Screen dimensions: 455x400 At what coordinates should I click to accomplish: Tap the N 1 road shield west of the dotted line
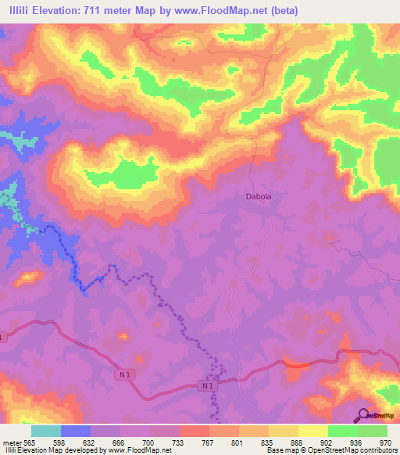coord(125,375)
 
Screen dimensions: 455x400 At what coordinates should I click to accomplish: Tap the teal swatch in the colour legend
coord(45,431)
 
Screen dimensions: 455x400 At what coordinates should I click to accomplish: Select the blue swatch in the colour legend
coord(75,431)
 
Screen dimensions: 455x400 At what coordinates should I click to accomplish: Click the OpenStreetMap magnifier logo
coord(362,415)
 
